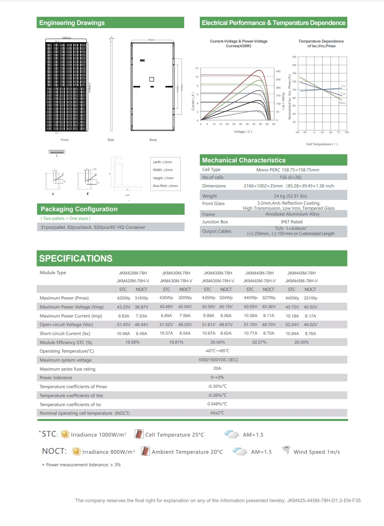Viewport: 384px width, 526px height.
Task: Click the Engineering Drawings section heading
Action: coord(72,23)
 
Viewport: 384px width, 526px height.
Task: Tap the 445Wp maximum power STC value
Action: coord(292,298)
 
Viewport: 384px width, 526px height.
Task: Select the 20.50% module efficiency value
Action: coord(301,342)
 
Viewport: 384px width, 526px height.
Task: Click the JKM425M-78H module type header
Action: coord(133,273)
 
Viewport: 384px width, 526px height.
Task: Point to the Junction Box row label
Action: coord(215,222)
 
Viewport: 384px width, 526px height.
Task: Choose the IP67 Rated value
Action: coord(292,222)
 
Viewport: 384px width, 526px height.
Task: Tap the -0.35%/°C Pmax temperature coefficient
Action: coord(217,386)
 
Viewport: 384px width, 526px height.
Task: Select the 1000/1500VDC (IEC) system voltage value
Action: coord(218,360)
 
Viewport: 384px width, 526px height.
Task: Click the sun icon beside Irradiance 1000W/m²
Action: coord(65,434)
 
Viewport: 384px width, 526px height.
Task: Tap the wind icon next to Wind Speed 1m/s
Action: coord(286,451)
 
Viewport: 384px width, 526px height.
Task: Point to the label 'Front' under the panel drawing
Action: coord(65,140)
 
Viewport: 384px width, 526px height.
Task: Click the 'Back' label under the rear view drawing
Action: coord(153,140)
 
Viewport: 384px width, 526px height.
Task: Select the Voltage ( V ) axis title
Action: coord(243,132)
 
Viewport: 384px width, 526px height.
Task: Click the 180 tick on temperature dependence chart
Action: coord(294,57)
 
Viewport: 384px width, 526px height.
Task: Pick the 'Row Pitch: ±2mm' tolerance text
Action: coord(165,186)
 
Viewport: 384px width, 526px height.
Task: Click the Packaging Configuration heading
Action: coord(79,209)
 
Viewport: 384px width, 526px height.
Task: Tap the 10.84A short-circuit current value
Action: coord(292,333)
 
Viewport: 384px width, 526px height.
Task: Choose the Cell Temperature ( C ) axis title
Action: coord(322,144)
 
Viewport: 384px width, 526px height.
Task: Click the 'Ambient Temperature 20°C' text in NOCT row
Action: coord(187,452)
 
